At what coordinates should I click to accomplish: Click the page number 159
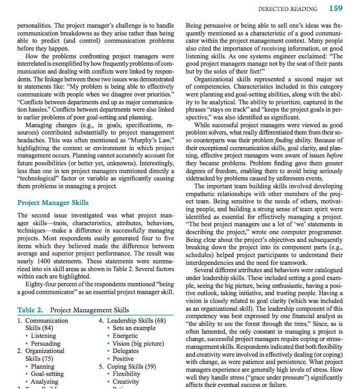tap(335, 8)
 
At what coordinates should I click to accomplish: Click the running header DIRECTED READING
tap(287, 9)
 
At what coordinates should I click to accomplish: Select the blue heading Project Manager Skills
tap(53, 202)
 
